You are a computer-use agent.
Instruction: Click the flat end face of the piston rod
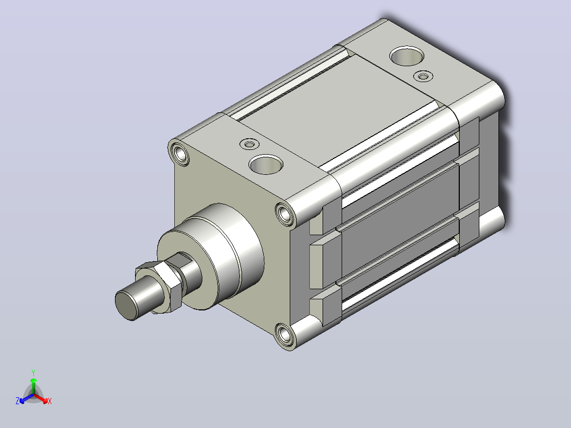[126, 305]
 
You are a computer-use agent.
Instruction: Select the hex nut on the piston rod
[159, 287]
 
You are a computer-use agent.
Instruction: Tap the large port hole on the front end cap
[266, 164]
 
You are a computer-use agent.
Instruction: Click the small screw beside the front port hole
[249, 144]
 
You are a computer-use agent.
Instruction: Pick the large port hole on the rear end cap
[407, 56]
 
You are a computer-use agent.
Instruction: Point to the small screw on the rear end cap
[423, 76]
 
